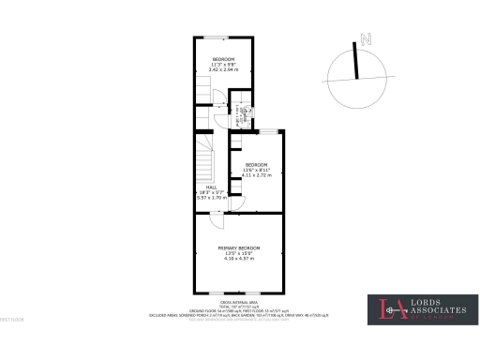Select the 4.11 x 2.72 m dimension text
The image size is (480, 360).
pos(256,175)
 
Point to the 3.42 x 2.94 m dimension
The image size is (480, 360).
pos(223,70)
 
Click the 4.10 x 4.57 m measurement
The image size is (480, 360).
pos(239,258)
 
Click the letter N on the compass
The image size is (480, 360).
pos(369,39)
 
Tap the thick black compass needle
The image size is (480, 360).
pos(357,61)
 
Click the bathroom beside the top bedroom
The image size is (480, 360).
pos(244,113)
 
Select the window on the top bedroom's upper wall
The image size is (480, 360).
pos(217,37)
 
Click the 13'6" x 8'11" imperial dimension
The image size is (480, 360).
pos(256,170)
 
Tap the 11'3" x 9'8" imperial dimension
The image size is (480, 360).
pos(223,65)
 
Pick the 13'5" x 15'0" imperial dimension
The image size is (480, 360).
pos(239,252)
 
